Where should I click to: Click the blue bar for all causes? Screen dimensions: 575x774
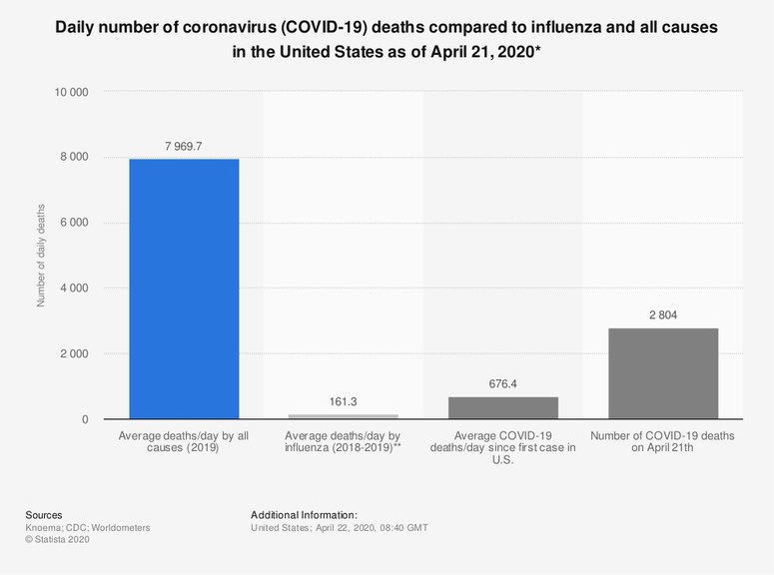coord(184,288)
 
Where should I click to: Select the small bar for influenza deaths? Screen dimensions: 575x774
coord(343,416)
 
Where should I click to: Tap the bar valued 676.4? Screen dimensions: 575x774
coord(502,407)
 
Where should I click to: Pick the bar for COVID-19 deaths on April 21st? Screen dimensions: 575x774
coord(662,373)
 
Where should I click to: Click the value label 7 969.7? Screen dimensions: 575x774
coord(184,146)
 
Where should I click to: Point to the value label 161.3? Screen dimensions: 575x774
coord(343,401)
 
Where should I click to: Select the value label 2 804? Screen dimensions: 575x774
coord(662,314)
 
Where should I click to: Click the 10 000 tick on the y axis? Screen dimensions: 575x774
coord(71,92)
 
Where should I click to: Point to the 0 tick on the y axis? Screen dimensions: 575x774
coord(85,419)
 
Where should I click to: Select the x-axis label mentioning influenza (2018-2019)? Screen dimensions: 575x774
coord(343,442)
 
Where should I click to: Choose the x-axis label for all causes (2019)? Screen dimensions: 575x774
coord(184,442)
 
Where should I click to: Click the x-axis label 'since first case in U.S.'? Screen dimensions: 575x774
coord(502,448)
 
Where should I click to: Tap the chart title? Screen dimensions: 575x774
coord(387,37)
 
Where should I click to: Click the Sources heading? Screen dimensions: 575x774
coord(44,515)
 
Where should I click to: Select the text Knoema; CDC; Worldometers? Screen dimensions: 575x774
coord(88,527)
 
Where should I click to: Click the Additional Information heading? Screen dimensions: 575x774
coord(304,515)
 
